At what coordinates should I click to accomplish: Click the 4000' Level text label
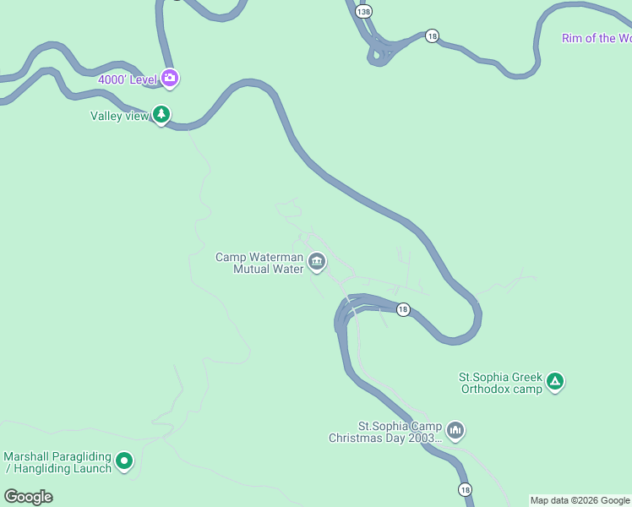tap(127, 79)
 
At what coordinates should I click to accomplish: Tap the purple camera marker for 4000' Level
tap(170, 79)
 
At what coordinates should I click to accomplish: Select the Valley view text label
tap(119, 116)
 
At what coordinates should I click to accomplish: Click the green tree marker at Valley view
tap(161, 114)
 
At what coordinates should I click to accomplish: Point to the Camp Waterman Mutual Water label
tap(259, 264)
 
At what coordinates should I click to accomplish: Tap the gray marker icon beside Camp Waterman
tap(317, 263)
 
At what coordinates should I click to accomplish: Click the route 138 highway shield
tap(363, 11)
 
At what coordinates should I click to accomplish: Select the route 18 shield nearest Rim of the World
tap(432, 36)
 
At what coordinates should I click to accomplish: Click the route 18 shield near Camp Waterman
tap(403, 310)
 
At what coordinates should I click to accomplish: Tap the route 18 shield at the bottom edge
tap(466, 490)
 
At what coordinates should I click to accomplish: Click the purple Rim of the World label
tap(596, 39)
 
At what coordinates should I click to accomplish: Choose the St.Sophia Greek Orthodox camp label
tap(500, 384)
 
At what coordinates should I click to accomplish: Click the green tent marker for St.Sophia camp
tap(555, 382)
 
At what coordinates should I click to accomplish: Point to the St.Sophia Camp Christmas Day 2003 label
tap(386, 432)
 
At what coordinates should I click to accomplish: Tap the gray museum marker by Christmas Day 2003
tap(455, 431)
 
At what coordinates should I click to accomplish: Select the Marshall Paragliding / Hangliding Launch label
tap(57, 462)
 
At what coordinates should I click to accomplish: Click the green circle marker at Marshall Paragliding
tap(124, 461)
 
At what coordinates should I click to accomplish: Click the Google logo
tap(28, 497)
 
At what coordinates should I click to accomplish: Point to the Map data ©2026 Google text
tap(580, 500)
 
